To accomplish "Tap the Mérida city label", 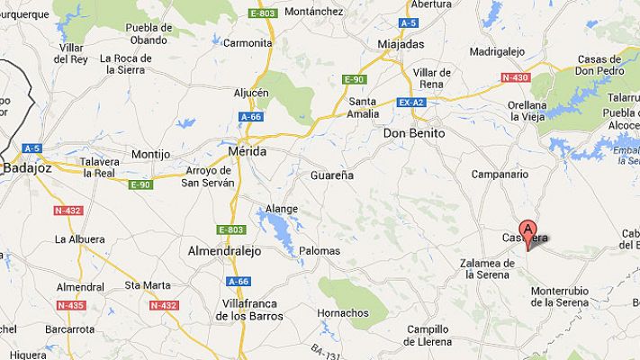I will click(x=248, y=152).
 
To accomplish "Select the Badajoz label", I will click(x=28, y=166).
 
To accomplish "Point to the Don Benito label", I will click(x=414, y=132).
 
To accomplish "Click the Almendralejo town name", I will click(x=223, y=251).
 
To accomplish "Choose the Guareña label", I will click(x=332, y=175).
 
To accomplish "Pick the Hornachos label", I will click(x=343, y=313).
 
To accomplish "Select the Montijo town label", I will click(x=150, y=155).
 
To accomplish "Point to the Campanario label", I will click(x=498, y=173).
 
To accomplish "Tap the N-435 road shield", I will click(x=69, y=305).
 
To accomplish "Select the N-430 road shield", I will click(x=515, y=77).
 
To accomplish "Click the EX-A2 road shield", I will click(x=410, y=103).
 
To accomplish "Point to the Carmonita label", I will click(x=248, y=43).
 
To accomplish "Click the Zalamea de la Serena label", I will click(x=486, y=269).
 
